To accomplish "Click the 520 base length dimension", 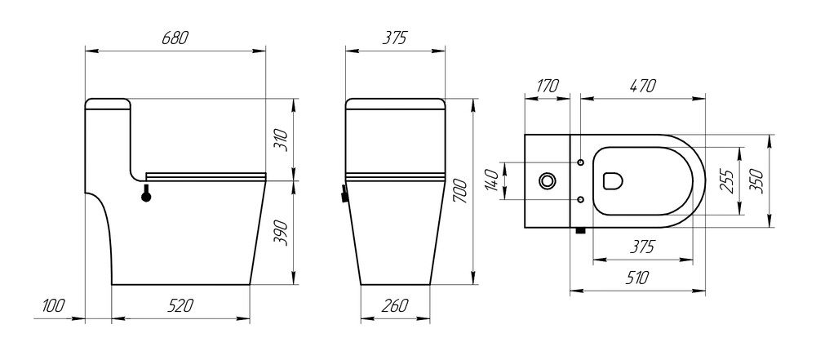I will pos(180,306).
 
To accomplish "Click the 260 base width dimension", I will pos(393,306).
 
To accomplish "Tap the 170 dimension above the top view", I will pos(547,84).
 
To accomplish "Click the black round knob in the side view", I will pos(147,195).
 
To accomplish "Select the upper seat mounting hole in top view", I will pos(580,162).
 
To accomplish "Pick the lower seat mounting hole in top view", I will pos(580,198).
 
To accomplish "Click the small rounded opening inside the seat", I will pos(611,180).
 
